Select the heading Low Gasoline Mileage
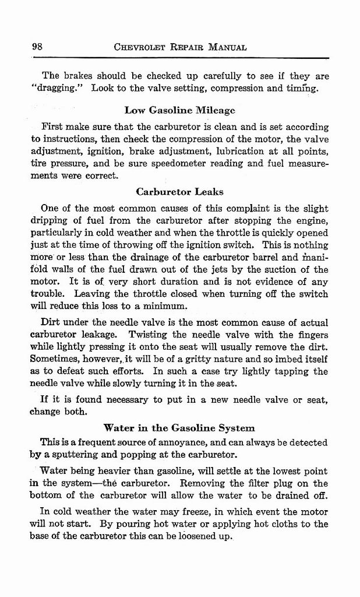click(179, 110)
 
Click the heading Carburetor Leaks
click(179, 191)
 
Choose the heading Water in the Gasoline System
click(179, 427)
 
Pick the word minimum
click(166, 306)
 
